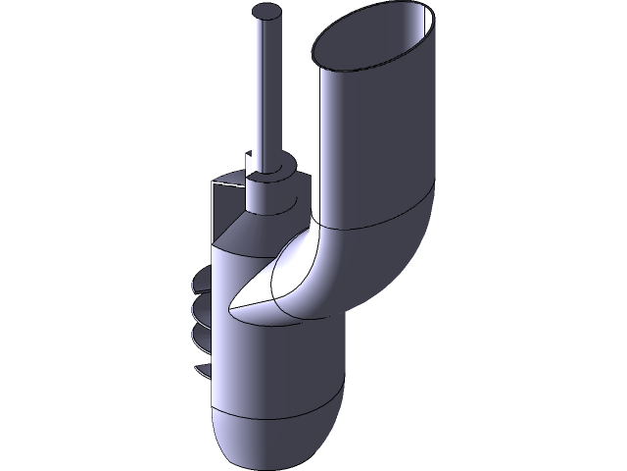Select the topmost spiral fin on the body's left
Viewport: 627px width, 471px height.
[203, 286]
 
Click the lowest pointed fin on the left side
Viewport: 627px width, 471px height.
[203, 370]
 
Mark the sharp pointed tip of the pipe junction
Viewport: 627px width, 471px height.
[231, 308]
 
